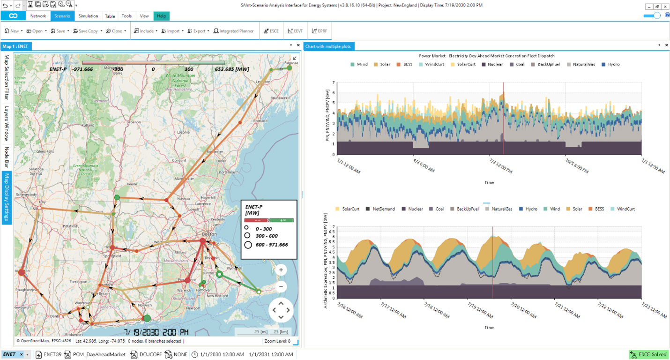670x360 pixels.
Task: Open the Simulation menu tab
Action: pos(88,16)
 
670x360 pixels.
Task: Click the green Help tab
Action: pos(161,16)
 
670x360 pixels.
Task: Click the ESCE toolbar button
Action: pos(271,31)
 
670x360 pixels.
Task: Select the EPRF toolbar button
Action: pos(320,31)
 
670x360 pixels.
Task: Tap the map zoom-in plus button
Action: pos(281,270)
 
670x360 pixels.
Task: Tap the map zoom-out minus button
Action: pos(281,286)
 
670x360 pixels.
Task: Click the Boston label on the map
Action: pos(208,234)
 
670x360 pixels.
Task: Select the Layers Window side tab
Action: pos(7,124)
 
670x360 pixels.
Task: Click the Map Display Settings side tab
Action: pos(7,198)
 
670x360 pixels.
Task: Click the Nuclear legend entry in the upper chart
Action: pos(492,64)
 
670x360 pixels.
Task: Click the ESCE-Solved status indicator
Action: pos(649,355)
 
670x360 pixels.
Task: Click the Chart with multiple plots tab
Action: pos(329,46)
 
